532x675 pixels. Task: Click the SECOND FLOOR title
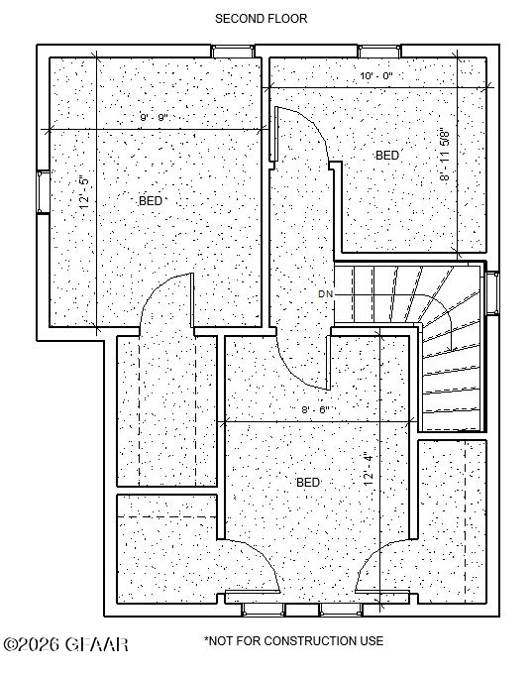point(261,19)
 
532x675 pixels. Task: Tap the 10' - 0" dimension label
point(376,76)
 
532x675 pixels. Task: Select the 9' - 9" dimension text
point(154,117)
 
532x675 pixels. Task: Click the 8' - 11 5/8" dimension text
point(445,154)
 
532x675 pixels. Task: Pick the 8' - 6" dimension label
point(315,409)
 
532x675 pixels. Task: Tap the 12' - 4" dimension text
point(369,469)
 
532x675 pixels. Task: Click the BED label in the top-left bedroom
point(151,201)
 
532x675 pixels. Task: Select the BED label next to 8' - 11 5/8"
point(387,156)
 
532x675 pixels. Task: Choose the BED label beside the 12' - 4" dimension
point(308,483)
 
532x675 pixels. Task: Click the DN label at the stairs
point(325,294)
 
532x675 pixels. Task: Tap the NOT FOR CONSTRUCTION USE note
point(294,641)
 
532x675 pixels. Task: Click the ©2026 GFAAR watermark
point(65,644)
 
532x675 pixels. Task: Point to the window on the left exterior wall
point(43,192)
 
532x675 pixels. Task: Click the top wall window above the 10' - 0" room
point(379,52)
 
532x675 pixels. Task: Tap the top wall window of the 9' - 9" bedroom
point(233,52)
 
